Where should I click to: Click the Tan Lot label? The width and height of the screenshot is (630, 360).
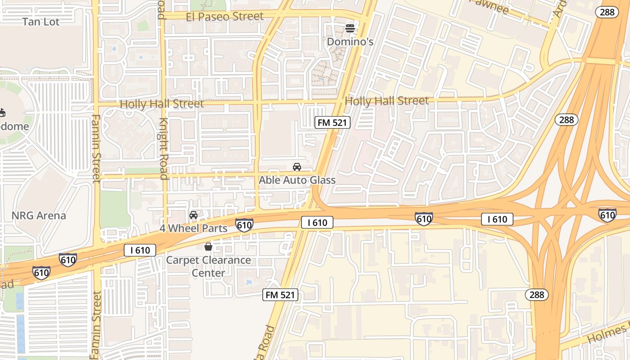click(41, 22)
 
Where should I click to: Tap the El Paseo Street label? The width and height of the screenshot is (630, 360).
click(225, 17)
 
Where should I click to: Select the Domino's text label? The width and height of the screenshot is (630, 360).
click(350, 42)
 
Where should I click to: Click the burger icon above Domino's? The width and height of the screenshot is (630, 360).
click(350, 29)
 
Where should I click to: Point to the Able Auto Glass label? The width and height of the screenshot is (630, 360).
click(297, 180)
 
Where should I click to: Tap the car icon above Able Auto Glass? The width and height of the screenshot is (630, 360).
click(297, 167)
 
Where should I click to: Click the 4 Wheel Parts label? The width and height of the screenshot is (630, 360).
click(193, 228)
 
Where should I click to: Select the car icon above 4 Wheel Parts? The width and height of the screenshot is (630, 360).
click(193, 215)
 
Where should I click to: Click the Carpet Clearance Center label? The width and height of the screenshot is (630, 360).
click(208, 266)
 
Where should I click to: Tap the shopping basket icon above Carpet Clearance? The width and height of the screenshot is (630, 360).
click(208, 247)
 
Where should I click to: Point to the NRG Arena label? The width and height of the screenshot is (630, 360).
click(39, 216)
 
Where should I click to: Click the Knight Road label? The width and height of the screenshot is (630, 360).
click(163, 148)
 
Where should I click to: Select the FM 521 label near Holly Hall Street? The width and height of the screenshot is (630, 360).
click(332, 122)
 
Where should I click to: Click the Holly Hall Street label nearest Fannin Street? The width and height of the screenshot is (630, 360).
click(162, 104)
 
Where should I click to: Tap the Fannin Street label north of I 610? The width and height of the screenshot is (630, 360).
click(96, 148)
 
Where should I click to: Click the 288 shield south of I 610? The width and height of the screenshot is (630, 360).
click(537, 295)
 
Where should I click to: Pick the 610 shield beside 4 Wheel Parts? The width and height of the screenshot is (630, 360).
click(244, 225)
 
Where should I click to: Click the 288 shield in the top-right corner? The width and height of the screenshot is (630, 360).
click(607, 12)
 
